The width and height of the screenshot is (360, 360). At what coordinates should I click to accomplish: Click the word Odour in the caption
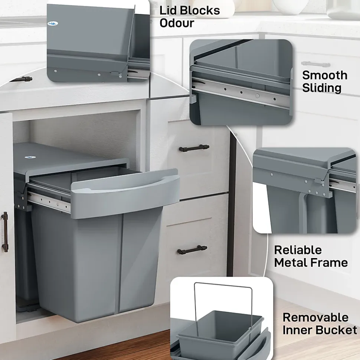pos(177,23)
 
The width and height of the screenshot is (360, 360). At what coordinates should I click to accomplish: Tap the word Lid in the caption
pos(168,10)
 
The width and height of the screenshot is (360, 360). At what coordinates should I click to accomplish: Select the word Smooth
pos(325,75)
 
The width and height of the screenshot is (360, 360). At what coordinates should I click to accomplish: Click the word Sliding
pos(322,88)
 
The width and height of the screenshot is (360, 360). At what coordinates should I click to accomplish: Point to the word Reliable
pos(298,250)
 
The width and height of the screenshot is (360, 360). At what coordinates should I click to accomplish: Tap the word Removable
pos(315,317)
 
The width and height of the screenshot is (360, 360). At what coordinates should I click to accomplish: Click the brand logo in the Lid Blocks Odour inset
pos(53,23)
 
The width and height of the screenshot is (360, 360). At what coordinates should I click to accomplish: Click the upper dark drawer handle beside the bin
pos(194,148)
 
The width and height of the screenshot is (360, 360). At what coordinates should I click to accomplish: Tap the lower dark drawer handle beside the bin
pos(192,250)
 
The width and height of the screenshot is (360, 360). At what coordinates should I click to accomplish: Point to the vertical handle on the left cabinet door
pos(5,232)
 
